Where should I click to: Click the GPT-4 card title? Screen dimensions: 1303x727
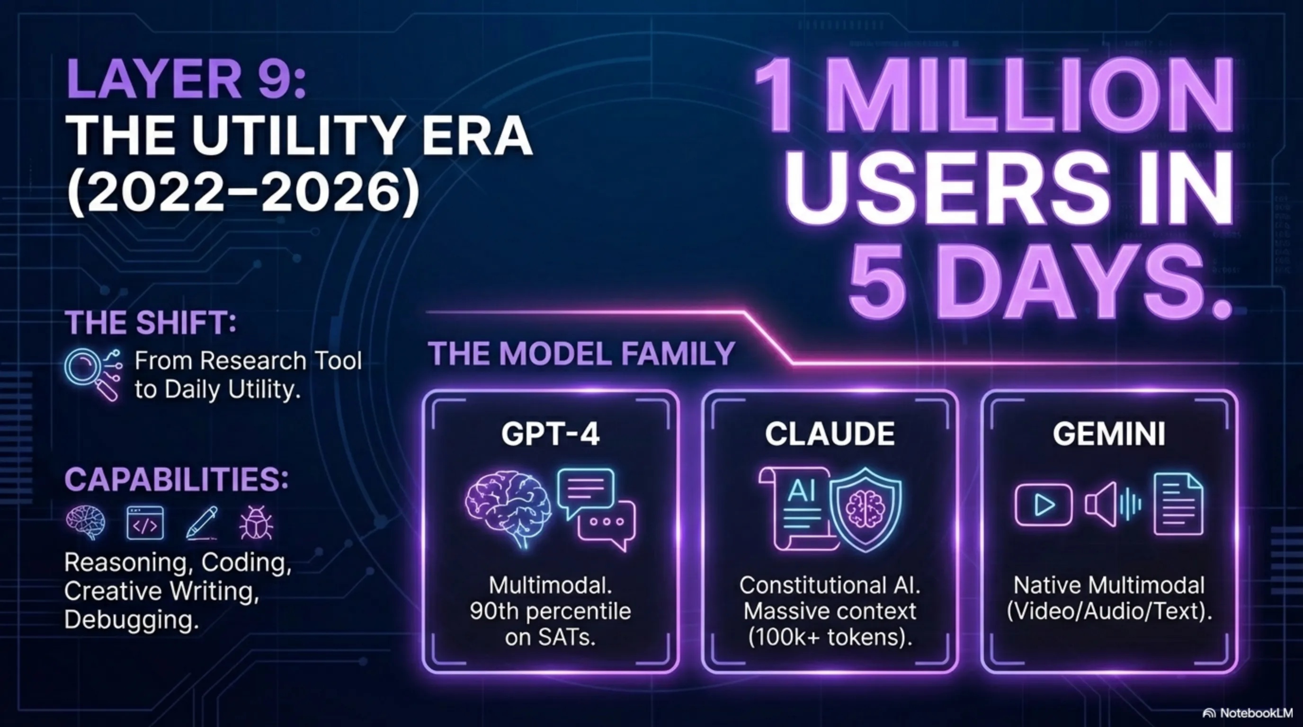pyautogui.click(x=550, y=434)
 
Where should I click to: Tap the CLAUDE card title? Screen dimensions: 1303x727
pyautogui.click(x=830, y=434)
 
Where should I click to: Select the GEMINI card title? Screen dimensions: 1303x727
pyautogui.click(x=1109, y=434)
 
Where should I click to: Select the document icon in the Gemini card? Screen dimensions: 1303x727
pyautogui.click(x=1178, y=504)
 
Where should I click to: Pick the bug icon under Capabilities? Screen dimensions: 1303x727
pyautogui.click(x=256, y=523)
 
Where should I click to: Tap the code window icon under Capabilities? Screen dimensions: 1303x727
pyautogui.click(x=145, y=523)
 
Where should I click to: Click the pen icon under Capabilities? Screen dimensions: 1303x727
pyautogui.click(x=202, y=523)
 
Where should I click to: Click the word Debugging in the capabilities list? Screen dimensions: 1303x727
pyautogui.click(x=131, y=620)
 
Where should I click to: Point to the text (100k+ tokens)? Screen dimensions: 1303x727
pyautogui.click(x=830, y=637)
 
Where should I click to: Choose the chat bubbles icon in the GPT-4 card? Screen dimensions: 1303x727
pyautogui.click(x=596, y=509)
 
